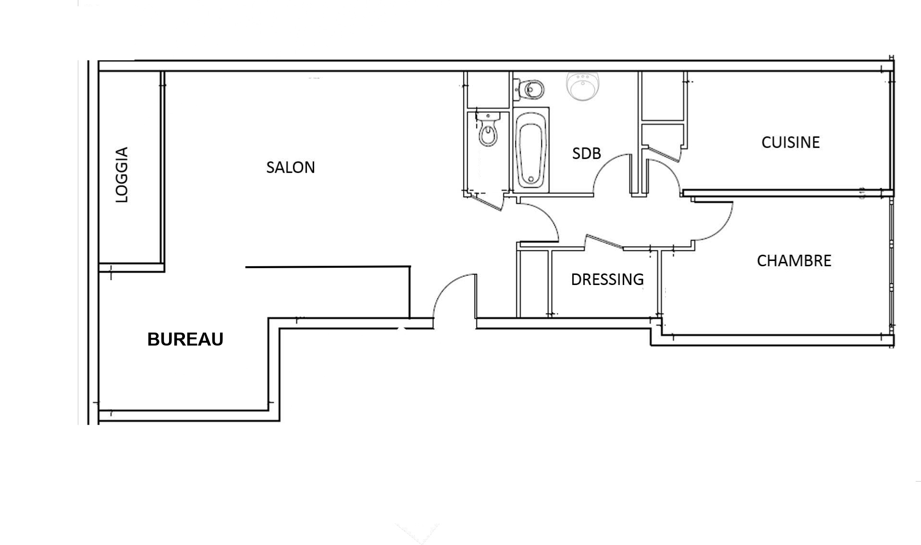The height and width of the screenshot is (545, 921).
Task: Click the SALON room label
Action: [291, 167]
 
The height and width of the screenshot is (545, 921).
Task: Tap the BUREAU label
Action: [185, 339]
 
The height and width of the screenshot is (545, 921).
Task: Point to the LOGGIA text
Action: [122, 175]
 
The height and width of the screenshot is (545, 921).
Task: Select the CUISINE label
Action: [790, 142]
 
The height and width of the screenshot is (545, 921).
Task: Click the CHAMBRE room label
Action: [794, 260]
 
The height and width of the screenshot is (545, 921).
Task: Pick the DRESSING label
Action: [607, 279]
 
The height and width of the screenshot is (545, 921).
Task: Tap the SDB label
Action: [586, 153]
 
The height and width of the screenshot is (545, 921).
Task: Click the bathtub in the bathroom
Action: [531, 149]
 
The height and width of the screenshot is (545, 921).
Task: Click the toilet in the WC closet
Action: [488, 129]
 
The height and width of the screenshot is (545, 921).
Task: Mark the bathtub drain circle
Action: [531, 179]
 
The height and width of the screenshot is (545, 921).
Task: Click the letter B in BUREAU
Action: [153, 339]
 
